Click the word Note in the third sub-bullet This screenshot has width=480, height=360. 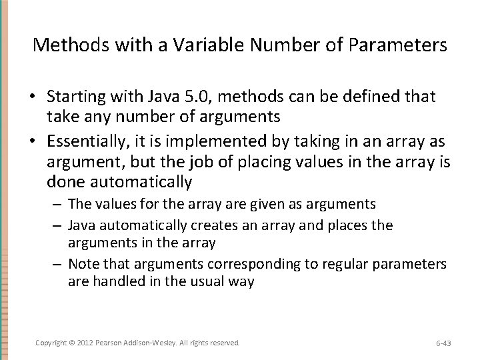coord(82,264)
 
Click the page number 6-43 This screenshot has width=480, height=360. coord(443,343)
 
